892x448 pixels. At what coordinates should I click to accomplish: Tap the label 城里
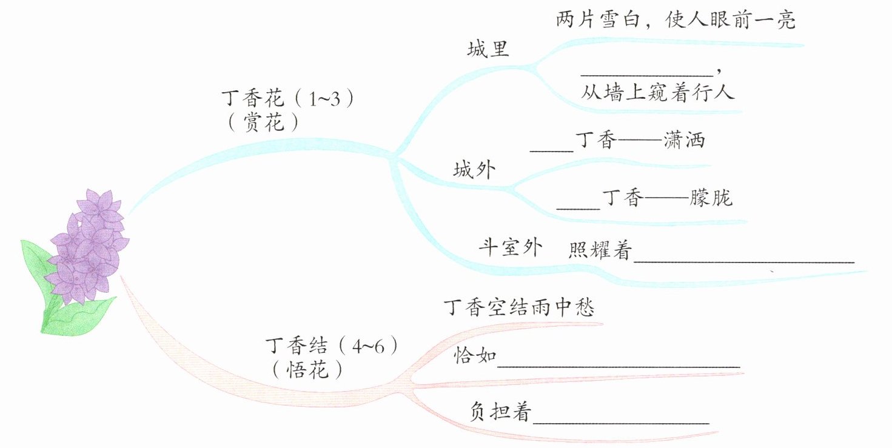[x=488, y=49]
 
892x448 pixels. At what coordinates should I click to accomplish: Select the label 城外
[x=474, y=170]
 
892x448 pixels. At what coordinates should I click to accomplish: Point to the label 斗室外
[x=511, y=247]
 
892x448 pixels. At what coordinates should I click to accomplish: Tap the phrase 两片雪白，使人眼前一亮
[x=676, y=21]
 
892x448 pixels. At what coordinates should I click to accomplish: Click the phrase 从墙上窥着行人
[x=658, y=93]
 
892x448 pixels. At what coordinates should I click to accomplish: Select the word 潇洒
[x=685, y=141]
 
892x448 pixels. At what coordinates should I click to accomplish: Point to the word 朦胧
[x=711, y=198]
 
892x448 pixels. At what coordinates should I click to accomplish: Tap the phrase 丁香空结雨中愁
[x=519, y=307]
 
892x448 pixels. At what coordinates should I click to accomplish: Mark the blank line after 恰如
[x=619, y=366]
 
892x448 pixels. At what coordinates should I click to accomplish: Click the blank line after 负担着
[x=620, y=422]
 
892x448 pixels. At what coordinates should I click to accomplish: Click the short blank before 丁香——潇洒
[x=551, y=149]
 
